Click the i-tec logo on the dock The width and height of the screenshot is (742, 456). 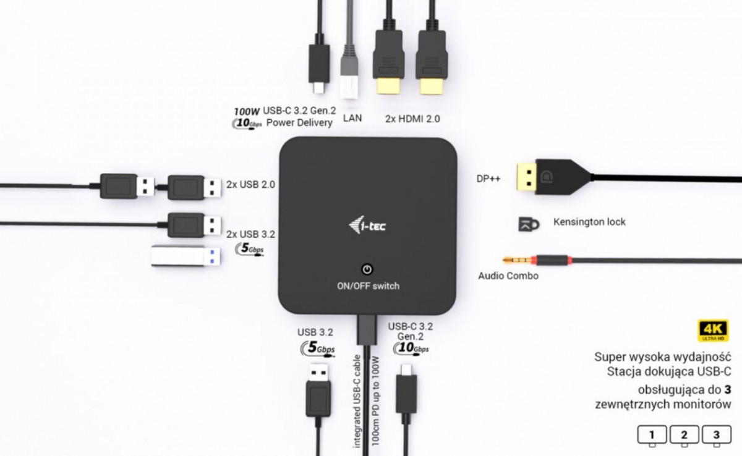[367, 225]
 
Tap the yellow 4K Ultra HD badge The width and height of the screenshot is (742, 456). [713, 330]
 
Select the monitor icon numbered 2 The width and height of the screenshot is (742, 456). [684, 436]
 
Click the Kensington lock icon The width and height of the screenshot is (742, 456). [529, 224]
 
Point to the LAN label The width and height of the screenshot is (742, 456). [352, 118]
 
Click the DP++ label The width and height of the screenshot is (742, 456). [488, 179]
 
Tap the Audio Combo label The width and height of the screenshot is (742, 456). [508, 276]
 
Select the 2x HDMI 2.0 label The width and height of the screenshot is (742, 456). [412, 119]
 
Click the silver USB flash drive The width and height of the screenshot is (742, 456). [186, 255]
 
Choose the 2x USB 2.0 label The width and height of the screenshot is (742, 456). [251, 184]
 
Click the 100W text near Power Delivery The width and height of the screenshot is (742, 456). [247, 111]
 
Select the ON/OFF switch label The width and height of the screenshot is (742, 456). [368, 286]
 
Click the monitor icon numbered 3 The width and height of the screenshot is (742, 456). [717, 436]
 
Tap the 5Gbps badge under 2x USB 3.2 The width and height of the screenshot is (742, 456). [249, 249]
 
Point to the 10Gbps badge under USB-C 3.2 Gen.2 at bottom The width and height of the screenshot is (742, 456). [411, 348]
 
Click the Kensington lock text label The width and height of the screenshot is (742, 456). [589, 222]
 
